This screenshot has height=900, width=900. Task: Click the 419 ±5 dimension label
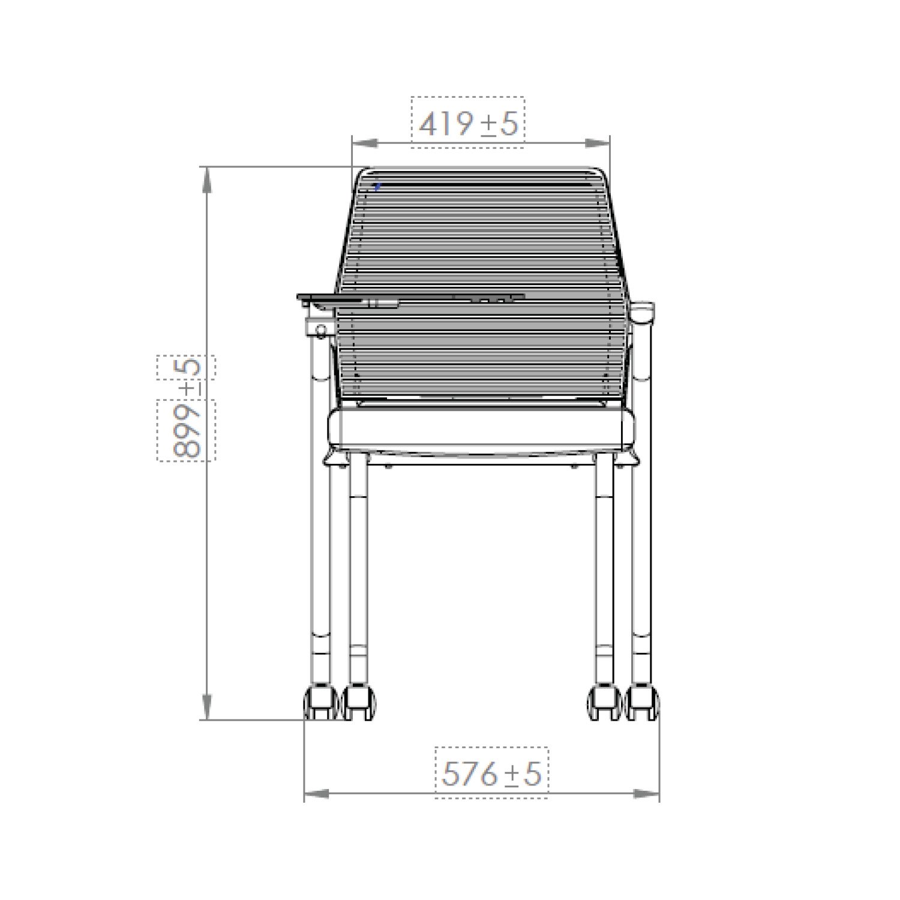468,124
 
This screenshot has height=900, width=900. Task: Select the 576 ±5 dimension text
491,774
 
